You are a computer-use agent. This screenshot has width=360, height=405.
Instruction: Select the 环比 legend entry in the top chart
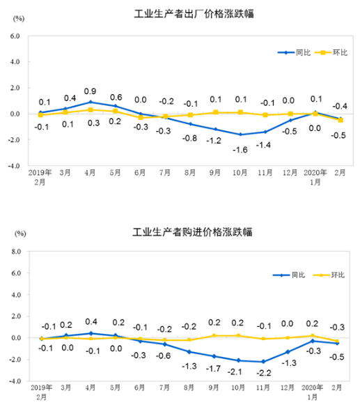click(333, 52)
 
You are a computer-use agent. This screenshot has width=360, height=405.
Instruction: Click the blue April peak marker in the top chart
click(91, 102)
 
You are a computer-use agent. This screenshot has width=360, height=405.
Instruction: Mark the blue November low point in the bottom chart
click(263, 362)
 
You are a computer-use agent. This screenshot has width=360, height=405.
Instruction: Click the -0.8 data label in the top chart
click(189, 137)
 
